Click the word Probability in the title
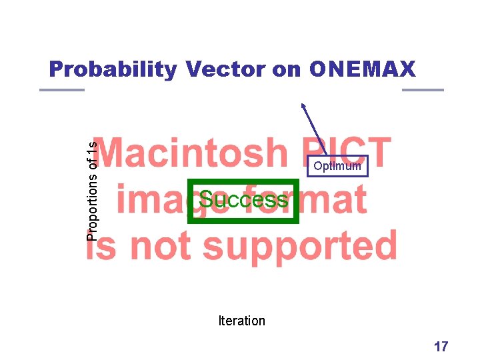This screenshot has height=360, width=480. (x=113, y=69)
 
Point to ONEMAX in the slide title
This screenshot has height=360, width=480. (x=362, y=69)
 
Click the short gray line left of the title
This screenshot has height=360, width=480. (x=62, y=90)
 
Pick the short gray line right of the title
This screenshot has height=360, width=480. (x=423, y=90)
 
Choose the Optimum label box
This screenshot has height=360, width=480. (x=337, y=166)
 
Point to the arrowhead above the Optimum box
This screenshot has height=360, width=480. (x=303, y=105)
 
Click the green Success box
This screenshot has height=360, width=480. (x=243, y=200)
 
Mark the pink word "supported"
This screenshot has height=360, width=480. (x=300, y=247)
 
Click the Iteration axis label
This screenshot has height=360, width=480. (x=241, y=321)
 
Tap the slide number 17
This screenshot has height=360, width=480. (x=441, y=346)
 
